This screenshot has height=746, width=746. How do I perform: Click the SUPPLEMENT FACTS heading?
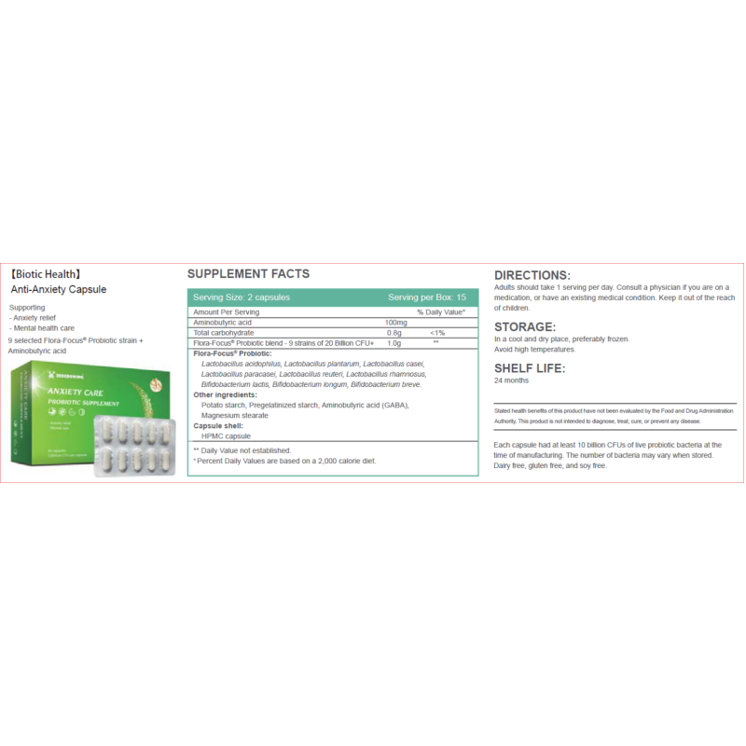[248, 274]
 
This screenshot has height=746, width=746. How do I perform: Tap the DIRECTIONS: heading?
[532, 275]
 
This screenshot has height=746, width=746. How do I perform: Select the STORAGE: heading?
[525, 326]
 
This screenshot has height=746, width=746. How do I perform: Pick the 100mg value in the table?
[396, 322]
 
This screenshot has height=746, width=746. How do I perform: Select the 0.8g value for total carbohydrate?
[394, 332]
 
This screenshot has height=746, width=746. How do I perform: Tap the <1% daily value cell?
[436, 332]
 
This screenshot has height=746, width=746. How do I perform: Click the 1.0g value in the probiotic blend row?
[394, 343]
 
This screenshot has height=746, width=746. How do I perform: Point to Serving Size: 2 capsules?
[241, 297]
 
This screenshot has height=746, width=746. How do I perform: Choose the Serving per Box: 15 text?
[426, 297]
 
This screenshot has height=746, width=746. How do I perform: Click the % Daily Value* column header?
[441, 311]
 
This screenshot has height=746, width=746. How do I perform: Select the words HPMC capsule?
[225, 435]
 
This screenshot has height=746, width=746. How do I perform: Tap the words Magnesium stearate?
[234, 415]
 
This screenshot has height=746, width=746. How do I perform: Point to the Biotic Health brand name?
[47, 275]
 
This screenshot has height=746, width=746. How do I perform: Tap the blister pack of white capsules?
[136, 446]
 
